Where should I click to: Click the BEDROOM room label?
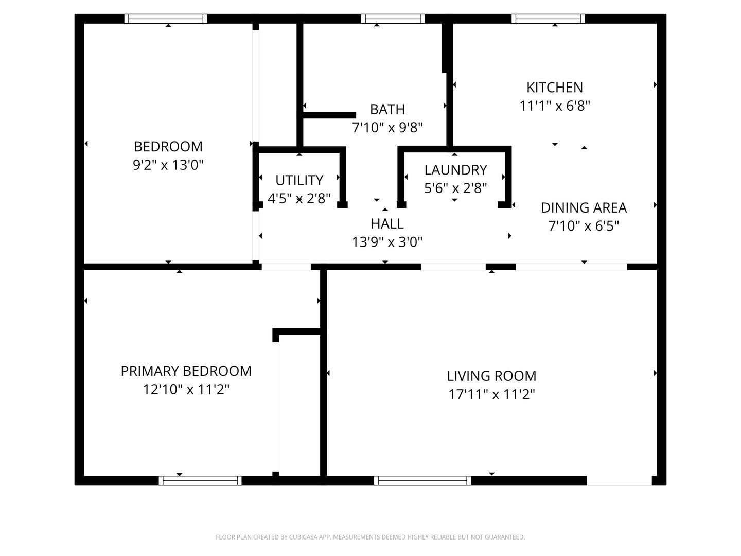click(x=168, y=147)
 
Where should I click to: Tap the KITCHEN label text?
click(x=555, y=88)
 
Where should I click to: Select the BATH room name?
click(x=387, y=109)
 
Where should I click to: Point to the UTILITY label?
click(x=299, y=180)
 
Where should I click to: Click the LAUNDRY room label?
click(x=455, y=170)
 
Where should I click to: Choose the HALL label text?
click(x=387, y=223)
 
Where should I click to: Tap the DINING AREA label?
click(x=584, y=207)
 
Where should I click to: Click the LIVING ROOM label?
click(x=491, y=376)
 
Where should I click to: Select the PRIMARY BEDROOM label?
click(x=186, y=371)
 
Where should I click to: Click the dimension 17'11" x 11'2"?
click(x=491, y=394)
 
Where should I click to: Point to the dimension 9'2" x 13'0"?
click(x=168, y=165)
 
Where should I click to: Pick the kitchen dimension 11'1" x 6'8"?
click(x=555, y=106)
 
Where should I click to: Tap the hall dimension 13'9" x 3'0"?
click(x=387, y=242)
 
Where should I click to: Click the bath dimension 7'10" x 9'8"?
click(x=387, y=128)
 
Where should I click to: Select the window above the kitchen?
click(x=548, y=19)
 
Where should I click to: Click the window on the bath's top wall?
click(x=393, y=19)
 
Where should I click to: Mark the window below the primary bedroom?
click(x=200, y=480)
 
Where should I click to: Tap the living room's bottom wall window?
click(x=422, y=480)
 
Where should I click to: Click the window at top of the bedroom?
click(x=165, y=19)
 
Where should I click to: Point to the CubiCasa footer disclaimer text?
click(x=370, y=537)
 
